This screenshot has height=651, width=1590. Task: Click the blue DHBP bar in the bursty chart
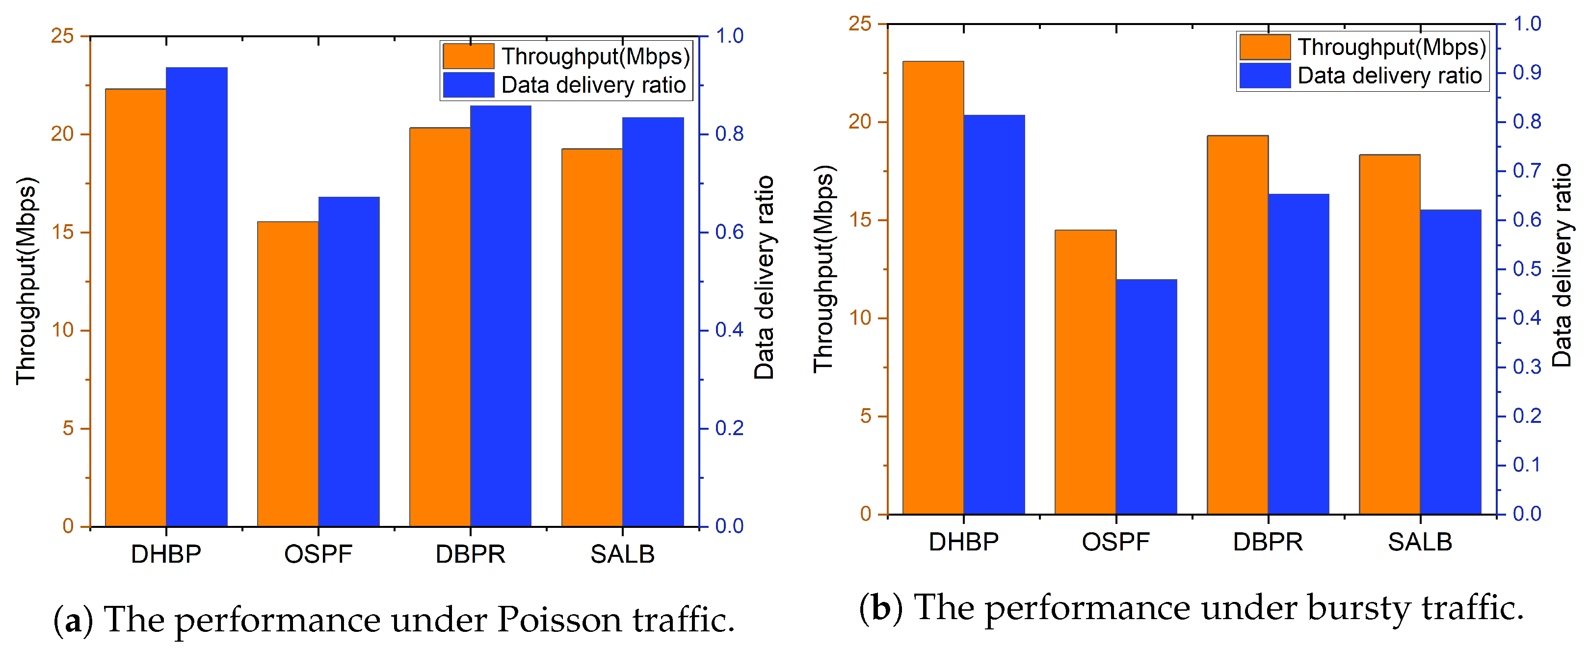(994, 314)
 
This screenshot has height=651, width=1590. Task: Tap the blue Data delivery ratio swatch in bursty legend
(1265, 75)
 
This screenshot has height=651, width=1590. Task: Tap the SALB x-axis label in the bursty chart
(1420, 542)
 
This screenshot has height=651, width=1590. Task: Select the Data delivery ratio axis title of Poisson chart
(764, 278)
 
